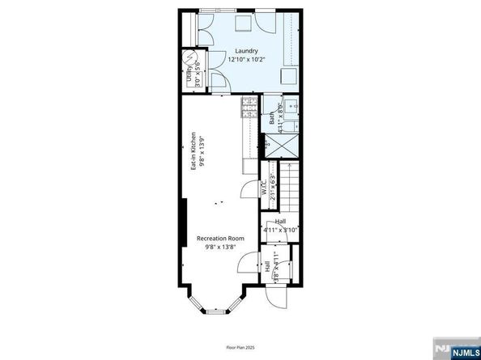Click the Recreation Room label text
(220, 239)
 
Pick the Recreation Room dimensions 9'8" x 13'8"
(220, 248)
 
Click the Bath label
(272, 118)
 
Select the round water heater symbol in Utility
(191, 59)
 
